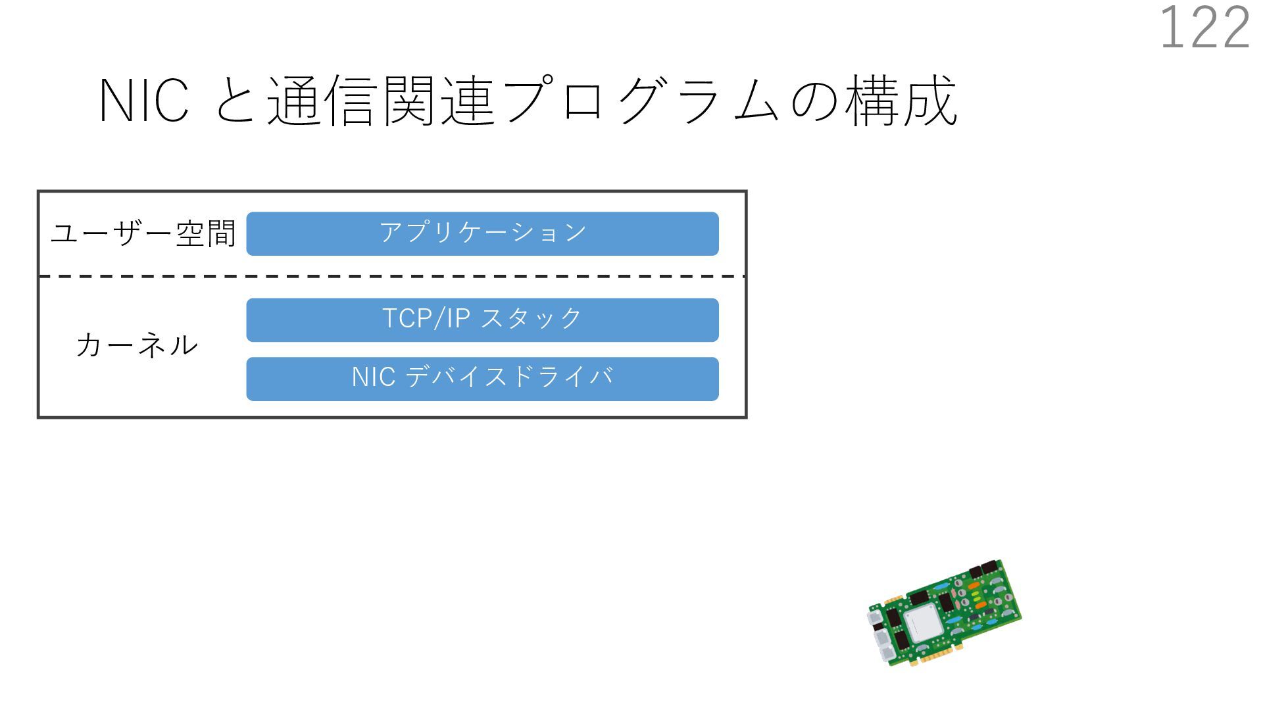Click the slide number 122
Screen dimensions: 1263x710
pyautogui.click(x=1204, y=28)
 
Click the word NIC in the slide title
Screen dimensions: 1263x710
pyautogui.click(x=144, y=101)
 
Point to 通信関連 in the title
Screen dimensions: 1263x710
pyautogui.click(x=380, y=101)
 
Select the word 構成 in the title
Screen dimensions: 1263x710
pyautogui.click(x=901, y=101)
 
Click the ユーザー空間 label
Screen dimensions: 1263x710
pyautogui.click(x=143, y=233)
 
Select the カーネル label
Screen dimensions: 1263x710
pyautogui.click(x=137, y=345)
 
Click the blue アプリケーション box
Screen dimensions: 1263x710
pyautogui.click(x=482, y=233)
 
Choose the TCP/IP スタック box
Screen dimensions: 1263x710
pyautogui.click(x=482, y=319)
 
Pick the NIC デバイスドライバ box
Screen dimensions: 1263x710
pyautogui.click(x=482, y=379)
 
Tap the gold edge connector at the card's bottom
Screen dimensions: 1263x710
pyautogui.click(x=937, y=655)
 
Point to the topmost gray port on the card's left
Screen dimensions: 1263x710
pyautogui.click(x=875, y=617)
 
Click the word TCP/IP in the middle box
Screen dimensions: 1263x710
pyautogui.click(x=426, y=319)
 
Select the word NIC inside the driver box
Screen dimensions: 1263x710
pyautogui.click(x=374, y=377)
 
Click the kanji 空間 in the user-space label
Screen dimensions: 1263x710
pyautogui.click(x=206, y=233)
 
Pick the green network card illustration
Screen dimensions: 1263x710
pyautogui.click(x=944, y=613)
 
